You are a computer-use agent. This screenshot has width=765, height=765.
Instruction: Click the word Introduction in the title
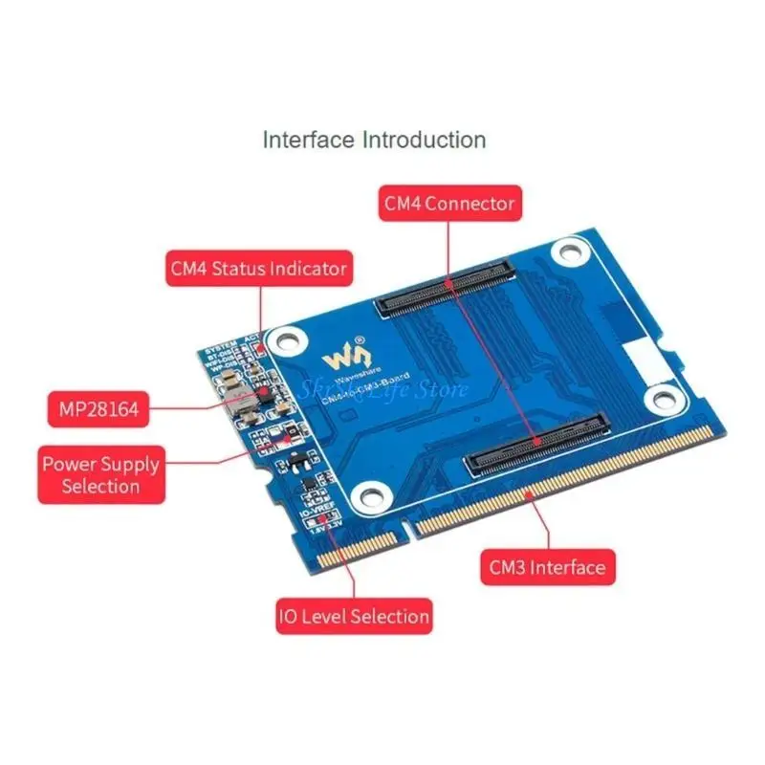423,140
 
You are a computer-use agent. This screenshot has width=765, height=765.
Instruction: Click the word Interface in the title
308,140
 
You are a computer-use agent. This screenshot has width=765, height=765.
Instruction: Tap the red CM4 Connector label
449,203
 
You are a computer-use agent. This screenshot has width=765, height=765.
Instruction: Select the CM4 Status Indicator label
257,268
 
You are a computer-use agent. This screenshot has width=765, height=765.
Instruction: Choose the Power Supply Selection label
99,474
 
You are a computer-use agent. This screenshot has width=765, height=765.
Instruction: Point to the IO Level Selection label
354,615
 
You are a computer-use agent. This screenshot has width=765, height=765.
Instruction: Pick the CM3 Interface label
544,567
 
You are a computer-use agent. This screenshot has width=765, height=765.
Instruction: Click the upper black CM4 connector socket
448,291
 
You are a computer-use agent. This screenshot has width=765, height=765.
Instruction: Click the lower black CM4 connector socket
536,447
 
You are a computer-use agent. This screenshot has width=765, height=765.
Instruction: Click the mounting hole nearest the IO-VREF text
367,494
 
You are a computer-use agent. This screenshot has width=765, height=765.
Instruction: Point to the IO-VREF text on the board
317,513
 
